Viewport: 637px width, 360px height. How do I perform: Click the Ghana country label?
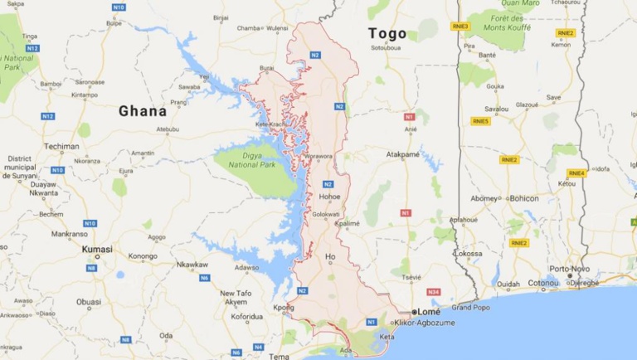pyautogui.click(x=142, y=110)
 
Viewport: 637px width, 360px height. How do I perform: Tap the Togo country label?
pyautogui.click(x=387, y=34)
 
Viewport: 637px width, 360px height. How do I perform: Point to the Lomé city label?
pyautogui.click(x=430, y=311)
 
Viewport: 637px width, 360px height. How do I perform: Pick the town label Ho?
pyautogui.click(x=330, y=256)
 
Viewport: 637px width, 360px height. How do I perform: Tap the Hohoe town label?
pyautogui.click(x=330, y=197)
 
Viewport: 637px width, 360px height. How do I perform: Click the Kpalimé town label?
pyautogui.click(x=348, y=223)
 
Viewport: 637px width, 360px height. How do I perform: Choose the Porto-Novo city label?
pyautogui.click(x=570, y=268)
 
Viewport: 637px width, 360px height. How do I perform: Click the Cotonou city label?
pyautogui.click(x=544, y=283)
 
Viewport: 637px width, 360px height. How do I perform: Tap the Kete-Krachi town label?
pyautogui.click(x=270, y=124)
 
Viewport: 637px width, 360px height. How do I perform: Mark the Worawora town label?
pyautogui.click(x=318, y=155)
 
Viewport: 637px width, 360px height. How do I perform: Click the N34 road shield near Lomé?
pyautogui.click(x=433, y=292)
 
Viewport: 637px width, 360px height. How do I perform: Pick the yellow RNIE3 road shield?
pyautogui.click(x=460, y=26)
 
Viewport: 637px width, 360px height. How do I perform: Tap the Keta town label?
pyautogui.click(x=387, y=337)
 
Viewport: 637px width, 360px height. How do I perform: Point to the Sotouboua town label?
pyautogui.click(x=386, y=47)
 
